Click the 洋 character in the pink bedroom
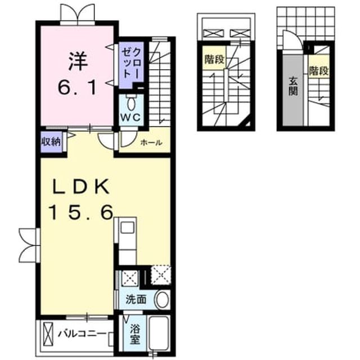click(x=78, y=61)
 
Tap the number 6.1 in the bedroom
click(x=78, y=88)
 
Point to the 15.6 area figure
click(x=81, y=213)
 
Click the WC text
click(x=131, y=118)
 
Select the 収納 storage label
click(x=51, y=142)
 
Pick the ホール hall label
click(x=151, y=143)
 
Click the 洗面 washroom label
click(x=136, y=299)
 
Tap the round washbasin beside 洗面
click(x=163, y=300)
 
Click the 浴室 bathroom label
click(x=135, y=335)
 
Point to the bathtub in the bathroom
click(x=159, y=334)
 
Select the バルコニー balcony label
click(x=82, y=334)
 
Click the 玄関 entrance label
click(x=293, y=86)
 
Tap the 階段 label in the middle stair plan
click(x=214, y=60)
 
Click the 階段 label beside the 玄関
click(x=319, y=71)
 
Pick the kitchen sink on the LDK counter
click(x=128, y=228)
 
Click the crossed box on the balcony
click(x=48, y=334)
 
